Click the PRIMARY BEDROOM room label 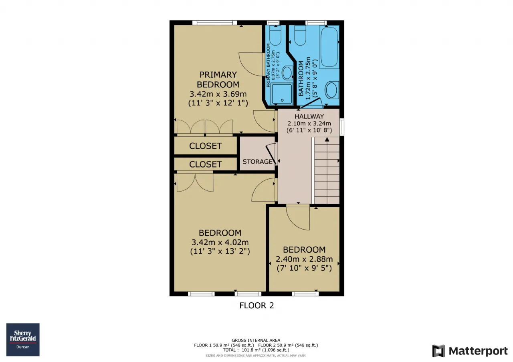(x=218, y=80)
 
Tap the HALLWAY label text (x=309, y=116)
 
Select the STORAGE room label (x=257, y=162)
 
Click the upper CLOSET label (x=206, y=146)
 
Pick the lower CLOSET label (x=206, y=164)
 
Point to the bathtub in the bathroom (x=329, y=47)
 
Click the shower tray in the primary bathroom (x=282, y=94)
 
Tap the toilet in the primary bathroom (x=275, y=36)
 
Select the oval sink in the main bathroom (x=331, y=90)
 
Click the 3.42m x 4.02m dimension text (x=220, y=242)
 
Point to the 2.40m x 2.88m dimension (x=304, y=259)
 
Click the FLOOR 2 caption (x=256, y=305)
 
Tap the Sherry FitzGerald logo (x=23, y=340)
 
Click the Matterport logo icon (x=438, y=351)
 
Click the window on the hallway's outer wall (x=342, y=127)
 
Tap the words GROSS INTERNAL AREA (x=256, y=340)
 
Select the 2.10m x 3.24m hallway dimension (x=309, y=124)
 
